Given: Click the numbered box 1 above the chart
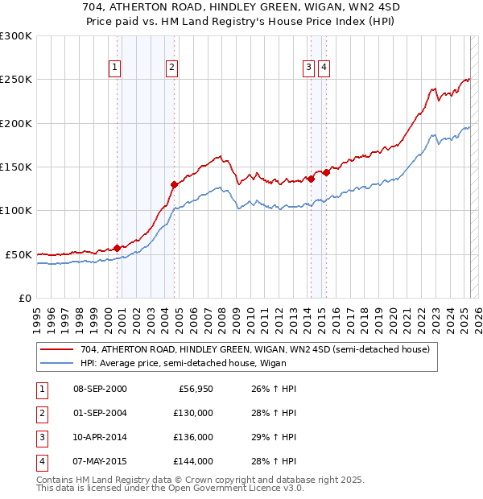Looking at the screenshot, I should pyautogui.click(x=116, y=68).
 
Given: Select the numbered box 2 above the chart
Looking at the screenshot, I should pyautogui.click(x=172, y=68).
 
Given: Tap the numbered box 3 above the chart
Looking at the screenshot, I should pyautogui.click(x=308, y=68).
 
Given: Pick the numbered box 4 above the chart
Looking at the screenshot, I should pyautogui.click(x=324, y=68).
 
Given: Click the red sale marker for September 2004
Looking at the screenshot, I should pyautogui.click(x=174, y=184).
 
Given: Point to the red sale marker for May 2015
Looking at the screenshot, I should pyautogui.click(x=327, y=171).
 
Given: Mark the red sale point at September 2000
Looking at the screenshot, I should pyautogui.click(x=117, y=248).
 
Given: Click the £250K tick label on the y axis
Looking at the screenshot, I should pyautogui.click(x=16, y=80).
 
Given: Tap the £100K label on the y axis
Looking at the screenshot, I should pyautogui.click(x=16, y=210).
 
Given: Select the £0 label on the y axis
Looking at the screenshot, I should pyautogui.click(x=24, y=298).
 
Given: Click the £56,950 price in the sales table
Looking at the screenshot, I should pyautogui.click(x=194, y=389).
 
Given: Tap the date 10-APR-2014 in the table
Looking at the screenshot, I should pyautogui.click(x=100, y=439).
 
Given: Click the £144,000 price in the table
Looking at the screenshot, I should pyautogui.click(x=194, y=461).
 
